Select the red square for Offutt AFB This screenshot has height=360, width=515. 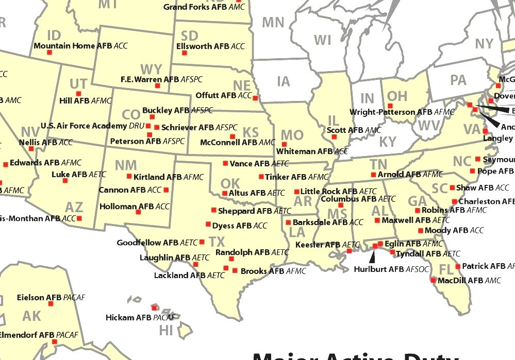point(255,98)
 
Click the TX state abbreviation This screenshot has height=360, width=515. point(217,242)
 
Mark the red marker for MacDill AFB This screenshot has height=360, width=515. point(433,281)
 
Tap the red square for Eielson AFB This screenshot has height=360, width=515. point(51,304)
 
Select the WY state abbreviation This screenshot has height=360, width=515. point(151,70)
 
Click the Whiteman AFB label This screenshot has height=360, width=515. point(312,151)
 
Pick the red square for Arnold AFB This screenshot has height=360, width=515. point(373,175)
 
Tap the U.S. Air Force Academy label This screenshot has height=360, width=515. point(91,126)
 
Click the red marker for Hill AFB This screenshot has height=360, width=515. point(78,94)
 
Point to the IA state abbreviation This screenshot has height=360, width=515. point(283,81)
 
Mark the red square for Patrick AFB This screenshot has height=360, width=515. point(457,266)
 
